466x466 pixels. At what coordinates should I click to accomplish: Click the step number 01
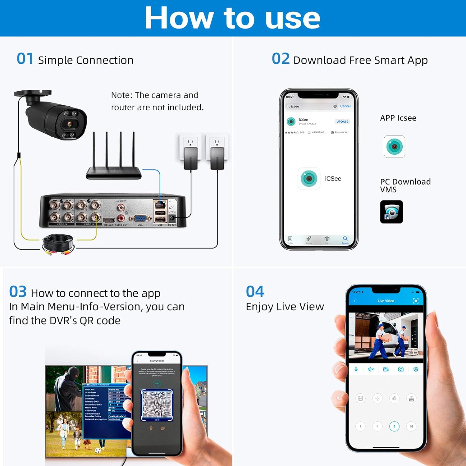tap(25, 59)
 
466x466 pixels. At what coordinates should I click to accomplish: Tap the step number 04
tap(255, 292)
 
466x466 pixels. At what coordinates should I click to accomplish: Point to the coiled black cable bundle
tap(58, 244)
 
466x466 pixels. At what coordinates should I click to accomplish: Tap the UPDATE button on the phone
tap(342, 121)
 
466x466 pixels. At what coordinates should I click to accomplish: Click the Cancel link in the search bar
tap(345, 106)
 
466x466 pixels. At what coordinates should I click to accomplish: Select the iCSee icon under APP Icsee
tap(394, 147)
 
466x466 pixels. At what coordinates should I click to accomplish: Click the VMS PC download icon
tap(391, 212)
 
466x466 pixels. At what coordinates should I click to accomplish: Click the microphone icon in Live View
tap(356, 369)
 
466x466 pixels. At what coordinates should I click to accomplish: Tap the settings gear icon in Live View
tap(416, 369)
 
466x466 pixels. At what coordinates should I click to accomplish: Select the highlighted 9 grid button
tap(394, 427)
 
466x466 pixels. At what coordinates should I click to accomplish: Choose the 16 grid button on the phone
tap(411, 427)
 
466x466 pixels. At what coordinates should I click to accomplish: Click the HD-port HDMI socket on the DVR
tap(109, 220)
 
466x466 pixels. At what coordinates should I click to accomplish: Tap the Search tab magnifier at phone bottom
tap(345, 239)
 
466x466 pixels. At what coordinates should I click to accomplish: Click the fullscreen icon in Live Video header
tap(416, 301)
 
